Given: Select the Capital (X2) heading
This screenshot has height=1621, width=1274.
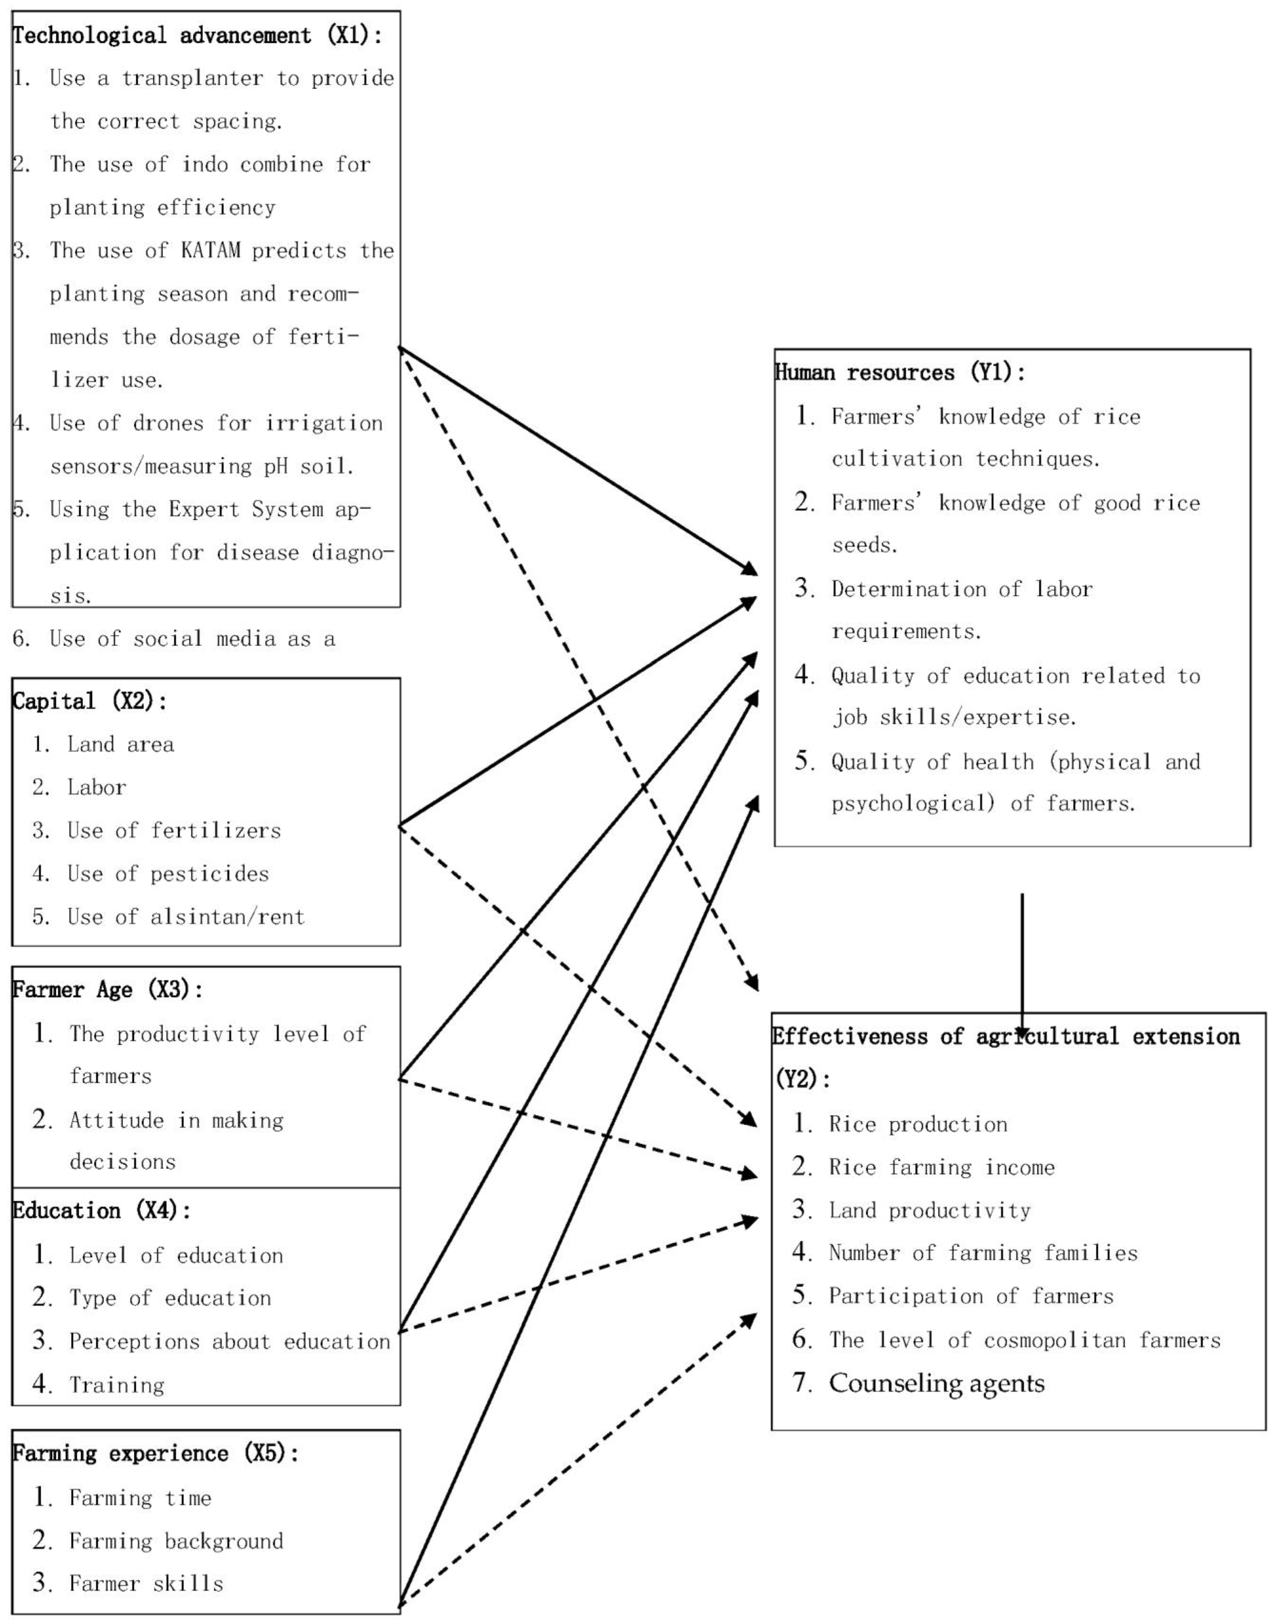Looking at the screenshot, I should click(x=89, y=701).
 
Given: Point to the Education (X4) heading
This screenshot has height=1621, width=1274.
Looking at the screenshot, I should click(x=101, y=1210).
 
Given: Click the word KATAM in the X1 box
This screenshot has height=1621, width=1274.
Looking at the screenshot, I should click(x=211, y=251).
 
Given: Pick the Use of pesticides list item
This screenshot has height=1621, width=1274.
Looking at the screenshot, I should click(x=168, y=873).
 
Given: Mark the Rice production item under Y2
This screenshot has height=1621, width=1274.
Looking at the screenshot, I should click(x=918, y=1124).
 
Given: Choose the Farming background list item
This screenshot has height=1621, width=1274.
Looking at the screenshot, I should click(x=176, y=1540).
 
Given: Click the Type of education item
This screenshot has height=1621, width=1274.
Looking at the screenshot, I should click(x=170, y=1298).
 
